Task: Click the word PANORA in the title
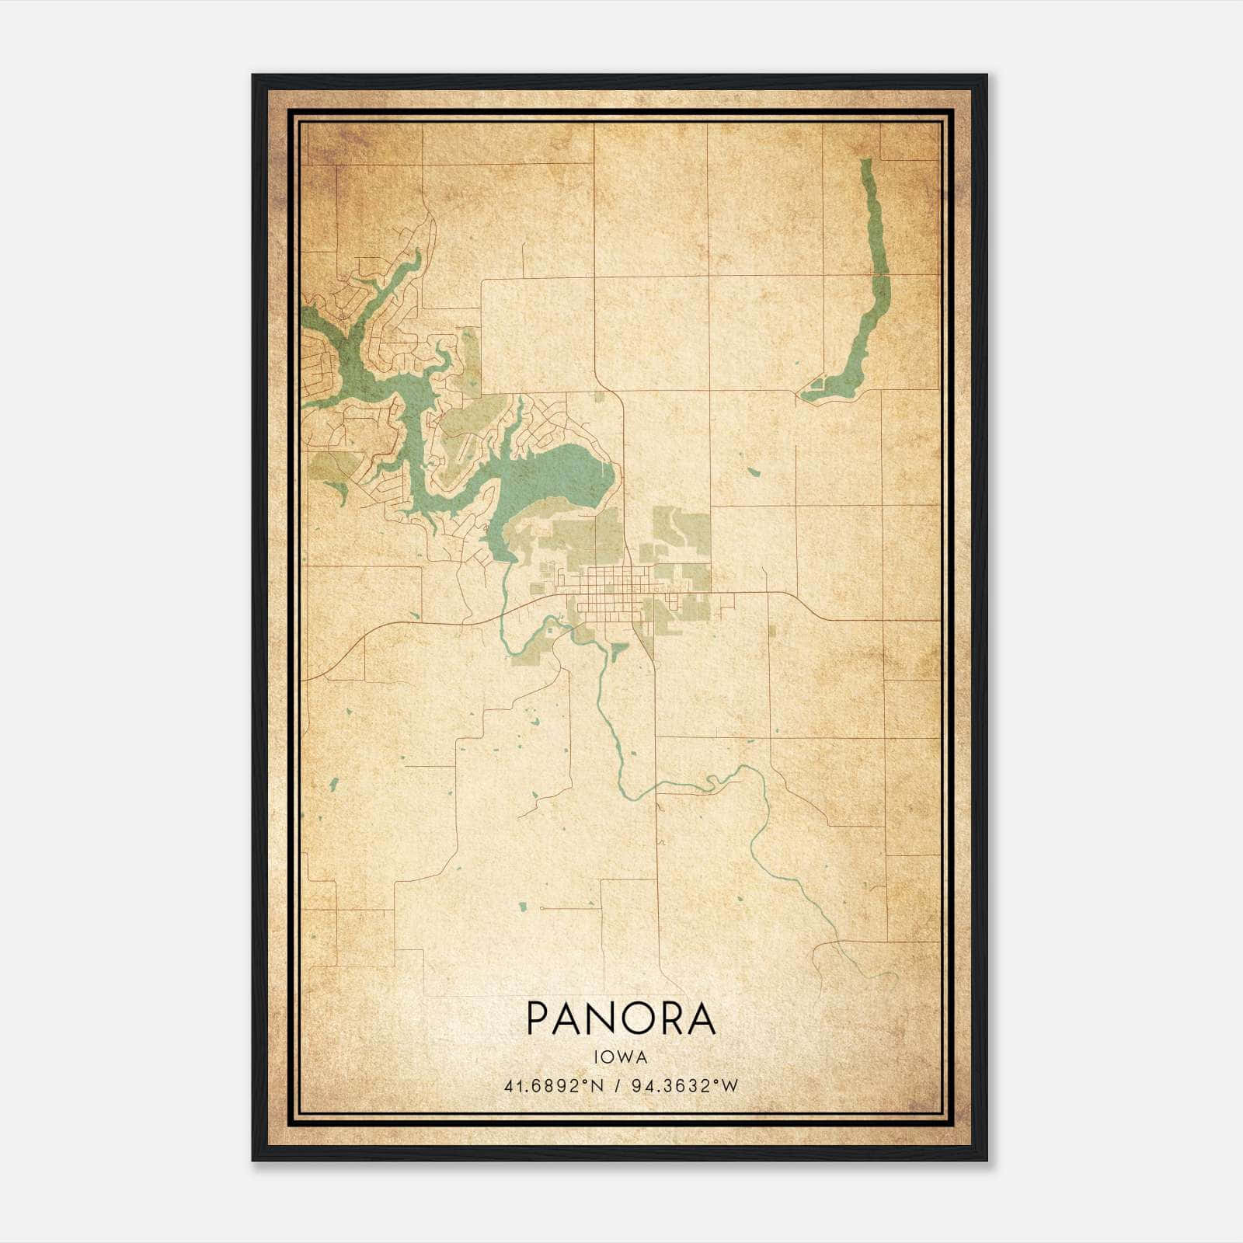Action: click(x=621, y=1018)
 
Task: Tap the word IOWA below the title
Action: click(x=621, y=1057)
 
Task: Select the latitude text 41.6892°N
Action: click(x=554, y=1086)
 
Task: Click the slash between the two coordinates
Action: click(x=616, y=1086)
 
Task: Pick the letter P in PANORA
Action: click(x=539, y=1018)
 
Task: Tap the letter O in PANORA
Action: click(x=636, y=1018)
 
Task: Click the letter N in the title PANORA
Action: click(x=602, y=1018)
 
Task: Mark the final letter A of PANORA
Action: click(x=701, y=1018)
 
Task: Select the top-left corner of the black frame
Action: click(x=253, y=76)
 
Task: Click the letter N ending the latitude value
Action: click(x=597, y=1086)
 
